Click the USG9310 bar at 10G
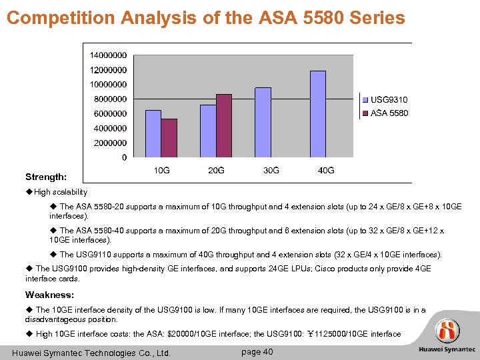(153, 133)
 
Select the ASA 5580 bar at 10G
(169, 138)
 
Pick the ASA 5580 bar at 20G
(224, 125)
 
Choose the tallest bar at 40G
(318, 114)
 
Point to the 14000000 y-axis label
(108, 55)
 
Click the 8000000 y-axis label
(108, 99)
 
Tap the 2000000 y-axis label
(108, 143)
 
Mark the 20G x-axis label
(216, 171)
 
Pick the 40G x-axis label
(326, 171)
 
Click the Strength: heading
(45, 177)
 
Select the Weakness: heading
(49, 295)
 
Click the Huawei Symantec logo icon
(447, 331)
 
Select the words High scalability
(61, 192)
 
